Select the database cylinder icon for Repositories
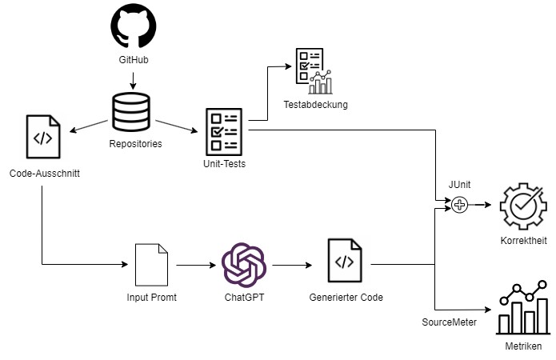pyautogui.click(x=133, y=112)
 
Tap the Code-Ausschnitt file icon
pyautogui.click(x=43, y=138)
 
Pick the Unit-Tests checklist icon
pyautogui.click(x=224, y=131)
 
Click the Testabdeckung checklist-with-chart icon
pyautogui.click(x=313, y=71)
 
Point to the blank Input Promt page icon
pyautogui.click(x=150, y=264)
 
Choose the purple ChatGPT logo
pyautogui.click(x=243, y=264)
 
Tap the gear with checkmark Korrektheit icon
pyautogui.click(x=522, y=206)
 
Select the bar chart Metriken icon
pyautogui.click(x=524, y=310)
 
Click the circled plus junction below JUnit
pyautogui.click(x=460, y=205)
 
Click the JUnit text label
pyautogui.click(x=459, y=184)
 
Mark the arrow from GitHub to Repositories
pyautogui.click(x=133, y=78)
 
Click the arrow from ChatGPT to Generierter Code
pyautogui.click(x=294, y=264)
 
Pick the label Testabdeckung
pyautogui.click(x=316, y=105)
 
